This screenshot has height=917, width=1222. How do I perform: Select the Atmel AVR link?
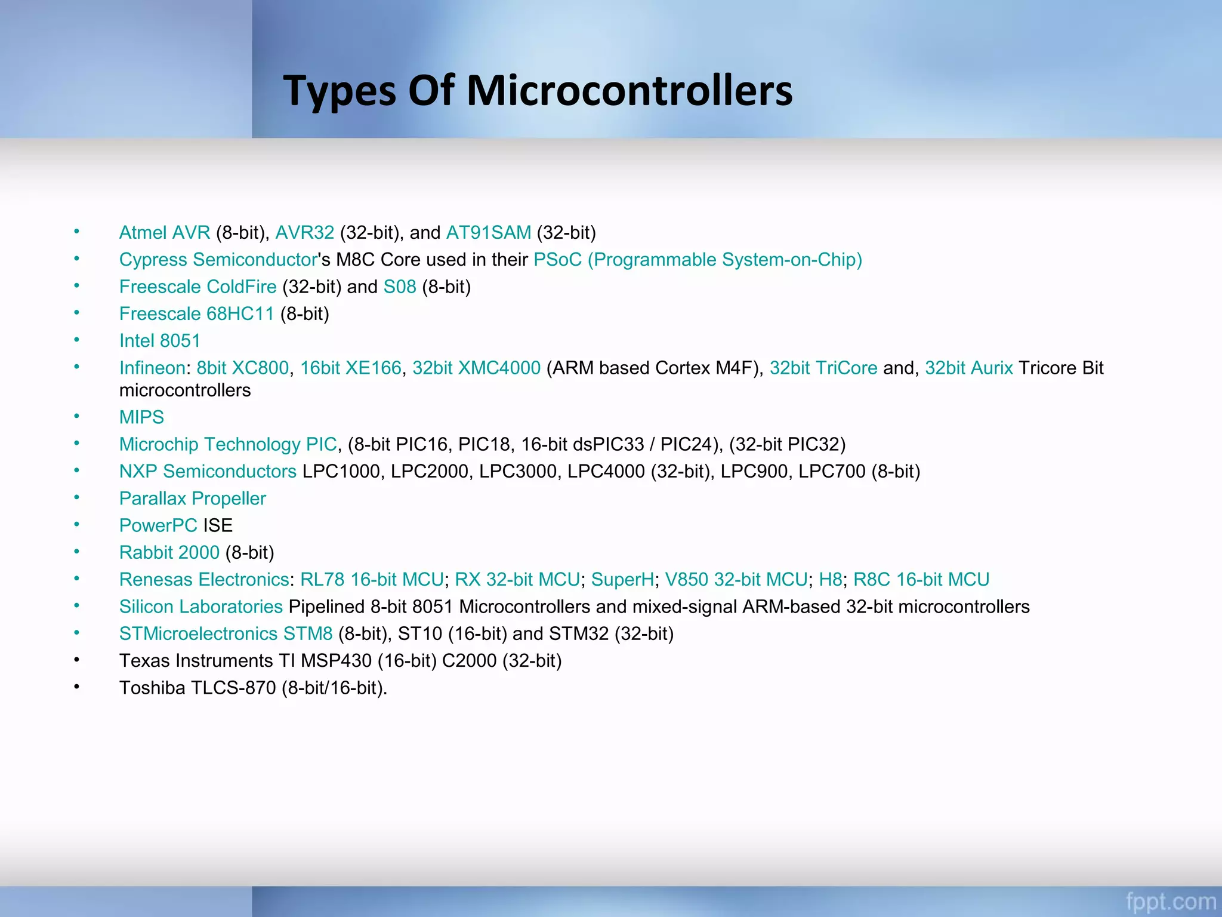tap(165, 232)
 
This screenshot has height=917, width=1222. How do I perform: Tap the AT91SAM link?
tap(489, 232)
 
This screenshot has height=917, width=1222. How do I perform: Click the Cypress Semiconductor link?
tap(218, 260)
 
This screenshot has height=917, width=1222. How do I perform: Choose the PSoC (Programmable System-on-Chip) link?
tap(698, 260)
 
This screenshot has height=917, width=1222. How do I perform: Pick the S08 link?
tap(400, 287)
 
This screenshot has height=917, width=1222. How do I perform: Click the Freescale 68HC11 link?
tap(196, 313)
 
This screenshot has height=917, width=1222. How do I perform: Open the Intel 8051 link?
tap(160, 340)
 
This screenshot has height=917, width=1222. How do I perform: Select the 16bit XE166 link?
tap(351, 368)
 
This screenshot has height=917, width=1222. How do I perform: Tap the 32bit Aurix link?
tap(969, 368)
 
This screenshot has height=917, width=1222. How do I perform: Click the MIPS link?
tap(141, 417)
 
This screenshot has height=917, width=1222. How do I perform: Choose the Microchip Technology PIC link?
tap(228, 444)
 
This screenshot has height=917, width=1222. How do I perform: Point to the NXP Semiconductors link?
tap(208, 471)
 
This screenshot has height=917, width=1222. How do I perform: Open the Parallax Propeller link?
tap(193, 498)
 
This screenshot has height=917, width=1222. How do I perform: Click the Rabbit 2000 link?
tap(169, 552)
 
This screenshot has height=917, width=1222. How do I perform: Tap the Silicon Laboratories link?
tap(201, 607)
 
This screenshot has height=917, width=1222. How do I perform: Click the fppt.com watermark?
tap(1171, 901)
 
